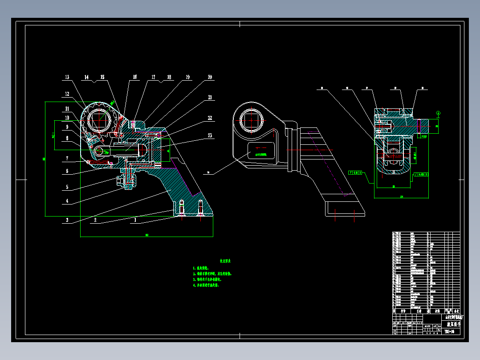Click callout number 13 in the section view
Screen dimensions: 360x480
pos(67,78)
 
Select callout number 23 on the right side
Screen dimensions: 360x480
pos(210,135)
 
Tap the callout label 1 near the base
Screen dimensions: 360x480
pos(135,220)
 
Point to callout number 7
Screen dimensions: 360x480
pos(67,158)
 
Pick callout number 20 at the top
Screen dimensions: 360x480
pos(210,78)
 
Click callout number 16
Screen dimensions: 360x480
pos(134,78)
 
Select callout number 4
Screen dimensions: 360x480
pos(67,201)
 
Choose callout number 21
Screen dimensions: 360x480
pos(210,97)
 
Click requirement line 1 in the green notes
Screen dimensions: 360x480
pos(204,268)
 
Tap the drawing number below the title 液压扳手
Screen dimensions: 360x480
pos(449,332)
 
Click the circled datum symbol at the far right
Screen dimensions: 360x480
pos(438,113)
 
